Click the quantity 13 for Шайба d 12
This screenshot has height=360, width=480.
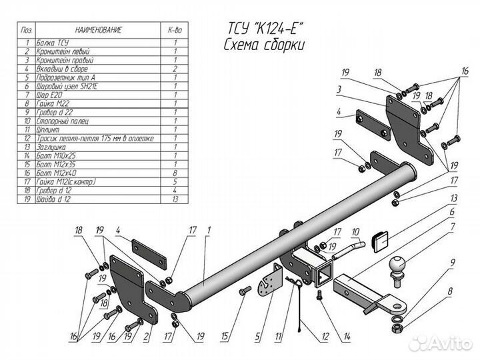point(175,199)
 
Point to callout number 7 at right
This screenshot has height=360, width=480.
point(453,227)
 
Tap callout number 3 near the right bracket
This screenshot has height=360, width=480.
point(339,89)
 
